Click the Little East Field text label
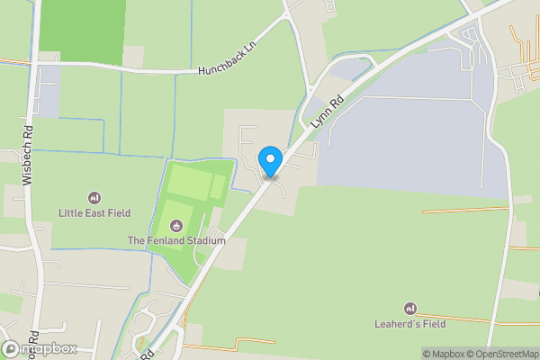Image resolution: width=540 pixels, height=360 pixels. pyautogui.click(x=94, y=213)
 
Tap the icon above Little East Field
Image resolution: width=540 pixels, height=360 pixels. pyautogui.click(x=94, y=198)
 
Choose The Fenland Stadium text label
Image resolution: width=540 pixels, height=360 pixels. pyautogui.click(x=176, y=241)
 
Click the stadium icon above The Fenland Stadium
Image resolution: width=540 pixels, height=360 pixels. pyautogui.click(x=176, y=226)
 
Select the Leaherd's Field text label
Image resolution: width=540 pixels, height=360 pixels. pyautogui.click(x=410, y=323)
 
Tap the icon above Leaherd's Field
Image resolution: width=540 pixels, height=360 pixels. pyautogui.click(x=410, y=308)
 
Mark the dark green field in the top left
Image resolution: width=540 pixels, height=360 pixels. pyautogui.click(x=84, y=31)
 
